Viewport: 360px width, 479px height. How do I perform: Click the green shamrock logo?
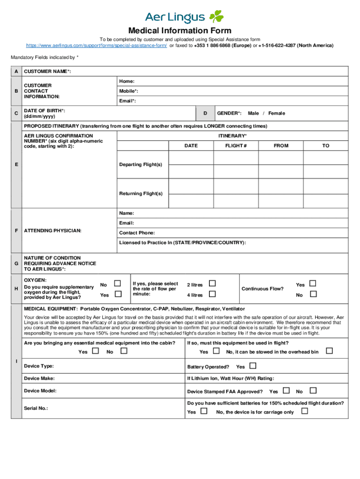point(216,17)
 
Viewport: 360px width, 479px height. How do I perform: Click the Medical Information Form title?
point(180,31)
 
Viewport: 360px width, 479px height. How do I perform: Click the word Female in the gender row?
point(276,113)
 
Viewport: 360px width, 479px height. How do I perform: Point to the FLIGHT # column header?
point(236,145)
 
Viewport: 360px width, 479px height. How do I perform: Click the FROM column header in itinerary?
point(281,145)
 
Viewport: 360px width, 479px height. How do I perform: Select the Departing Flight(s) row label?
point(141,165)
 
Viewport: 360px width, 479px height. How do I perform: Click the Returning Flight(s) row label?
point(141,193)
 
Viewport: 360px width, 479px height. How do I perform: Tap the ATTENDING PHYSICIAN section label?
point(53,231)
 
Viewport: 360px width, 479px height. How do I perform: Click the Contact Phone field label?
point(137,233)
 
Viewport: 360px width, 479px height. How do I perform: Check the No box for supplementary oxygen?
point(118,283)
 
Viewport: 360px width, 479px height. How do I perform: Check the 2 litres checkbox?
point(212,283)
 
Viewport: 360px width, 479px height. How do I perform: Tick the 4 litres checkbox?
point(212,294)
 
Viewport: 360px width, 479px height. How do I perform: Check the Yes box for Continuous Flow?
point(313,283)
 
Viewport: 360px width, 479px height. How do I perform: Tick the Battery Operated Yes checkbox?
point(253,366)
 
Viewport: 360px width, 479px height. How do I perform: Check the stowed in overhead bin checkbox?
point(329,351)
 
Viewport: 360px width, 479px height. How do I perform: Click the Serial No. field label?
point(36,408)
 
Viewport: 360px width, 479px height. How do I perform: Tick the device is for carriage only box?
point(304,411)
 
